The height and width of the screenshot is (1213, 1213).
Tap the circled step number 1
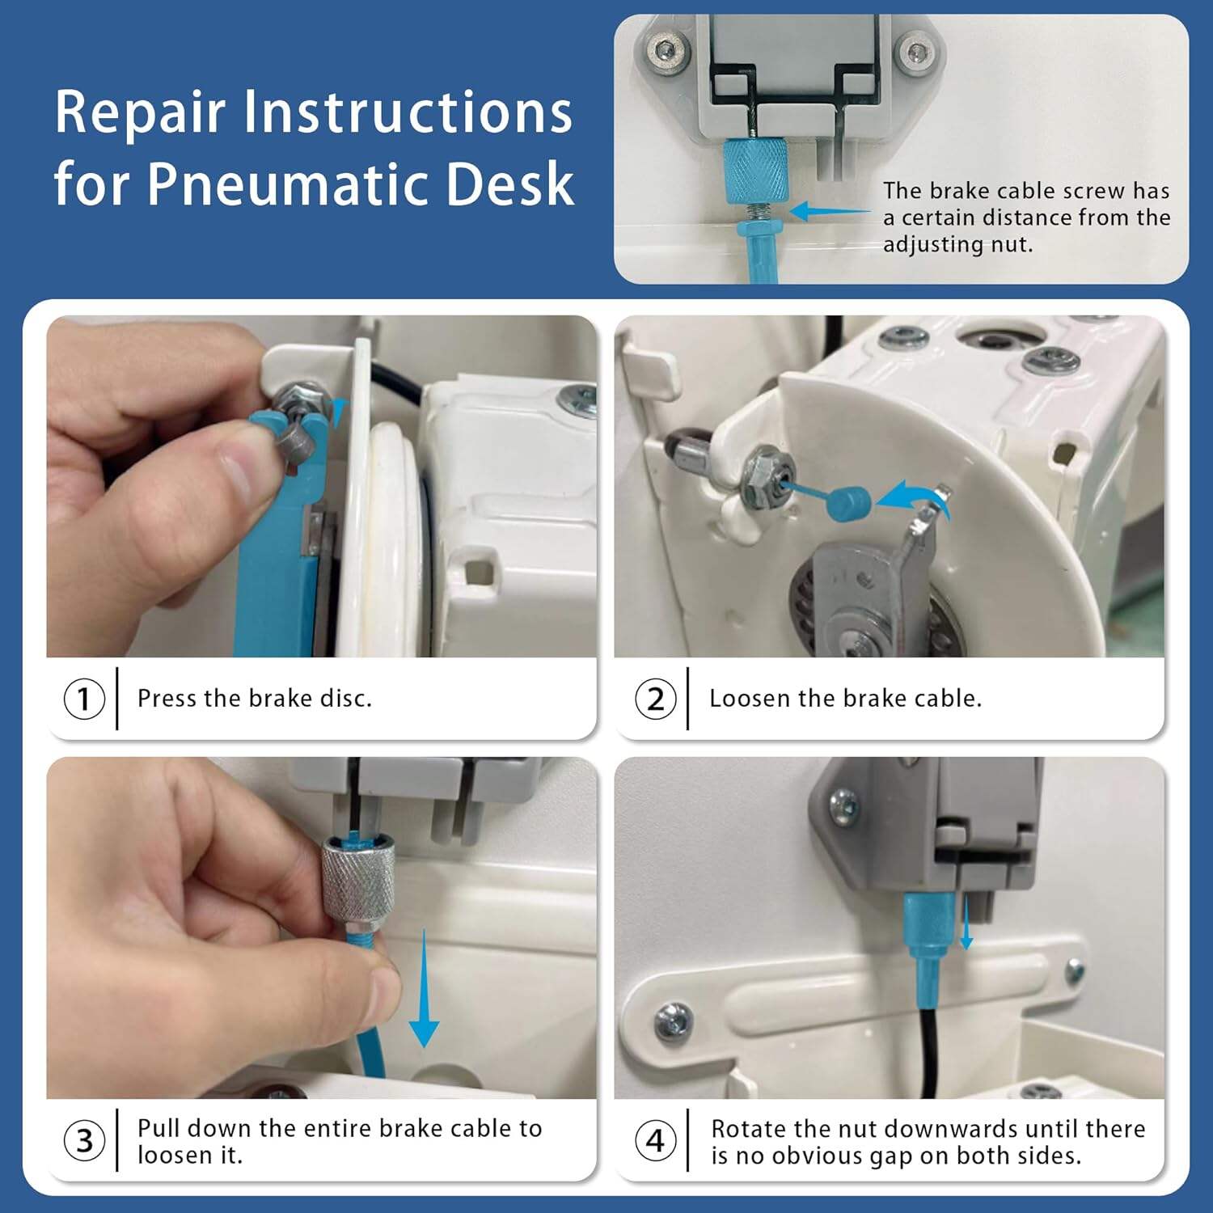[84, 699]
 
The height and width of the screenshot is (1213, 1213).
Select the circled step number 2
[655, 699]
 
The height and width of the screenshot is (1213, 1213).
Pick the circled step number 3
[84, 1141]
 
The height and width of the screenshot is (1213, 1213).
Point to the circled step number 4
[655, 1141]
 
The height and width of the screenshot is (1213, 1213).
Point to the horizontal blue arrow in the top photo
[829, 212]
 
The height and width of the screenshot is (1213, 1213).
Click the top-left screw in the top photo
[665, 51]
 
